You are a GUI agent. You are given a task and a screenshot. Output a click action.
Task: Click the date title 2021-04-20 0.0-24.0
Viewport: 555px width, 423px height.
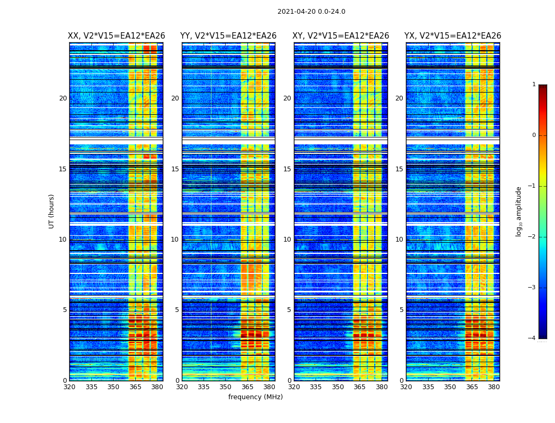(x=311, y=12)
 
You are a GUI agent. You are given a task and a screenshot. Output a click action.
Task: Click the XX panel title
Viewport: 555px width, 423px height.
(x=116, y=36)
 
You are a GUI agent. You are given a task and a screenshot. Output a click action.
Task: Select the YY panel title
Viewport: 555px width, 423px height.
(x=228, y=36)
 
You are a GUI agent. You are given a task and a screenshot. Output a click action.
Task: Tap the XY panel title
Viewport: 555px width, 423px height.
(x=341, y=36)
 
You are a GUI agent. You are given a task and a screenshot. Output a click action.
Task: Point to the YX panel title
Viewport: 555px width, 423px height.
(x=452, y=36)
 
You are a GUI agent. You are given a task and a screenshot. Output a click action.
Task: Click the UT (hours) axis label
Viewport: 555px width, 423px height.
(x=52, y=211)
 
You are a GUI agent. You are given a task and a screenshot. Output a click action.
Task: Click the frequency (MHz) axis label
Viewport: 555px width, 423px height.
(x=255, y=397)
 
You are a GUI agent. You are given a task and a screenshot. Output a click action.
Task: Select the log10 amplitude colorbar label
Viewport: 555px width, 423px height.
(x=519, y=211)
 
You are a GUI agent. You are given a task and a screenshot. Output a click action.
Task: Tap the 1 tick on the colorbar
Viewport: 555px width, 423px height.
(x=534, y=85)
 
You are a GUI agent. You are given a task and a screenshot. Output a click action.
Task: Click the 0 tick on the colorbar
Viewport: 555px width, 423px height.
(x=534, y=135)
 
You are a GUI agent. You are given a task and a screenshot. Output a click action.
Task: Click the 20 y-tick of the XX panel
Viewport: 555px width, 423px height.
(x=63, y=98)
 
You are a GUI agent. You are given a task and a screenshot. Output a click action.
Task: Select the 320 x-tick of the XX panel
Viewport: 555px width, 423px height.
(x=69, y=387)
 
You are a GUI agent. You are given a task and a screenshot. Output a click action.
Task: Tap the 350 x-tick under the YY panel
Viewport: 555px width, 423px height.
(x=226, y=387)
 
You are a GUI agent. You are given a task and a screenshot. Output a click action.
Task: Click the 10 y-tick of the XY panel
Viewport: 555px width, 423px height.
(x=287, y=240)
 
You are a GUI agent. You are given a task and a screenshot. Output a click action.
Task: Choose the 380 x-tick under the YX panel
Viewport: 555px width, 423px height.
(x=494, y=387)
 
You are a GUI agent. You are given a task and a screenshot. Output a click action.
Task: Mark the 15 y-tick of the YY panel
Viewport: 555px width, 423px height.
(x=175, y=169)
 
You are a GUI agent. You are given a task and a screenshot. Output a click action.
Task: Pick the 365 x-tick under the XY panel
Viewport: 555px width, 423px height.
(x=359, y=387)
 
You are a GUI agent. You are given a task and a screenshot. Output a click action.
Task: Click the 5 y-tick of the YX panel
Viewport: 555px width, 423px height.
(x=401, y=310)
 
